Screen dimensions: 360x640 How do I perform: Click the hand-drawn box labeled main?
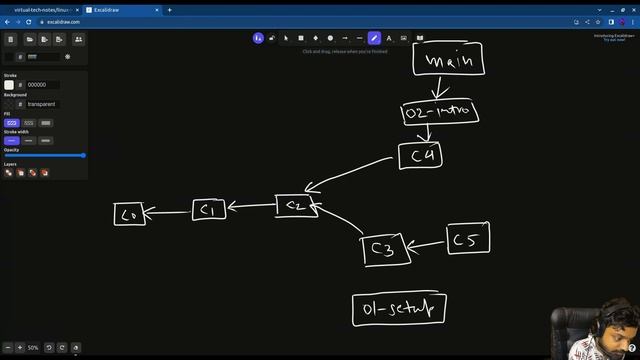click(449, 60)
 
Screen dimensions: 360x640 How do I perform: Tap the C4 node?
click(419, 155)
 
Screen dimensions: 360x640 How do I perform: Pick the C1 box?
click(208, 210)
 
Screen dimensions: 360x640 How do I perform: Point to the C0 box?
click(129, 213)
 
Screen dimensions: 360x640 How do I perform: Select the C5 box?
click(467, 239)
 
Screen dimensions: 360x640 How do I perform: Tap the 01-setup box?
click(399, 310)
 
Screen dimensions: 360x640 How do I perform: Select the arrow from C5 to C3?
click(428, 243)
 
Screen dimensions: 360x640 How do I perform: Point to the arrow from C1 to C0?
click(169, 211)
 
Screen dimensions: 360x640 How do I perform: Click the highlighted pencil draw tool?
click(374, 38)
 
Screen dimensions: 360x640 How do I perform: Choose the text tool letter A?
click(389, 38)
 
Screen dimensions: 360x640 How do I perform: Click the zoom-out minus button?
click(8, 348)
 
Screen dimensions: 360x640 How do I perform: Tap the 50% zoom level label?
click(33, 348)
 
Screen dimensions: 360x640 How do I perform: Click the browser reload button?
click(31, 21)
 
